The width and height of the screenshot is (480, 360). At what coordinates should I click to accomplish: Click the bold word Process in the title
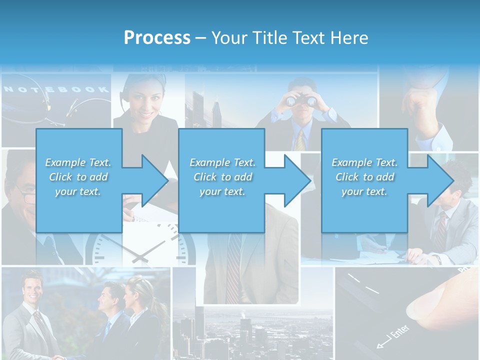157,38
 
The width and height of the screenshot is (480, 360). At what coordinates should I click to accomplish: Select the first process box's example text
78,177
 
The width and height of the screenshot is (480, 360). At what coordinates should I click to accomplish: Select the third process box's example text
364,177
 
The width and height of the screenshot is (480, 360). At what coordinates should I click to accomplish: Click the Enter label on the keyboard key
395,334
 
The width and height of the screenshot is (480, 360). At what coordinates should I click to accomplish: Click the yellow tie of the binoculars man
300,140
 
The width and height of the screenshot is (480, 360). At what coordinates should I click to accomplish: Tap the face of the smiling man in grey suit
31,289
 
